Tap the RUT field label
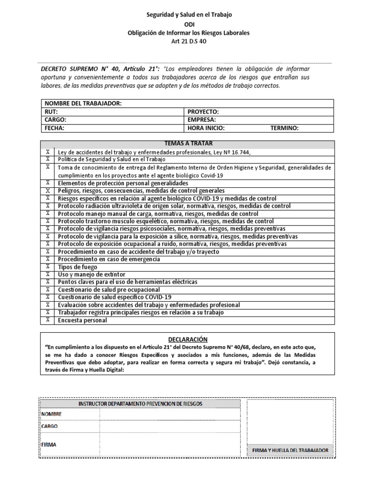click(51, 112)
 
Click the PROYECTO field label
click(203, 112)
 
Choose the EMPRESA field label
click(202, 120)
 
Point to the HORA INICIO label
click(206, 128)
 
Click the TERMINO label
click(285, 128)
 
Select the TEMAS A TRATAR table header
click(188, 143)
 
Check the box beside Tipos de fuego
click(47, 267)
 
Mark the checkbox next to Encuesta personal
click(47, 320)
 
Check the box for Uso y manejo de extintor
click(47, 274)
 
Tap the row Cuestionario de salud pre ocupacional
click(115, 290)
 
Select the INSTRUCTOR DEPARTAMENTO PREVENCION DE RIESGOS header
click(141, 403)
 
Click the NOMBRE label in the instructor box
click(51, 414)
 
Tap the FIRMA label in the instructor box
click(49, 444)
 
